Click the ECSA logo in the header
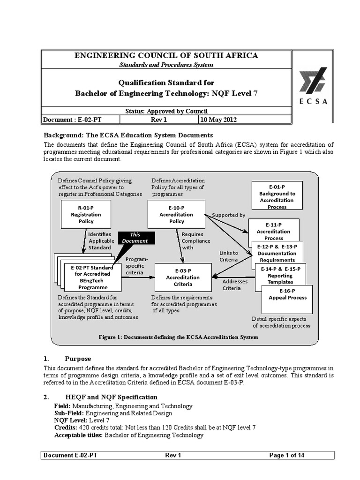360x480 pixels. tap(314, 86)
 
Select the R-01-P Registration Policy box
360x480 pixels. tap(86, 214)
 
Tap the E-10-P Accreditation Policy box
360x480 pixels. tap(176, 214)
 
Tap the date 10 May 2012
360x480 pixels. tap(218, 120)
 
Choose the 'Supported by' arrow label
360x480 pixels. tap(228, 215)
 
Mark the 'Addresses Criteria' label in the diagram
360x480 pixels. tap(232, 285)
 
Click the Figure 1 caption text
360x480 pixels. tap(178, 337)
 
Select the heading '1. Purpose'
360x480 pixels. tap(78, 359)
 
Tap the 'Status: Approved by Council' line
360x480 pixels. tap(167, 111)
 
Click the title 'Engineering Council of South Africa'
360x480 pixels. tap(167, 55)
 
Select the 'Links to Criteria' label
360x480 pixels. tap(229, 256)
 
